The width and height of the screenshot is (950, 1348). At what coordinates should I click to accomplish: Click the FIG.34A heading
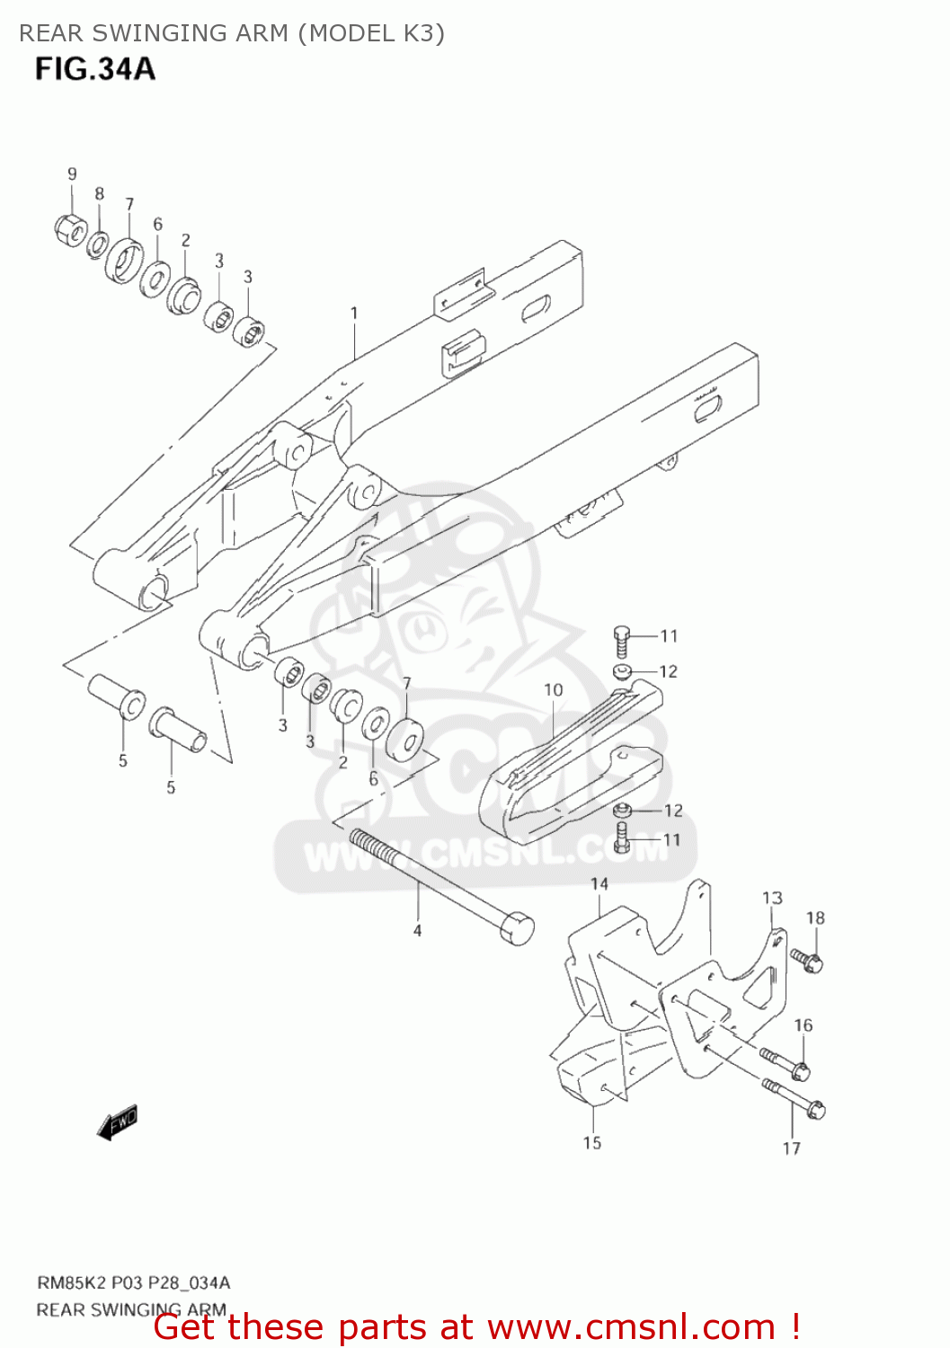(x=94, y=69)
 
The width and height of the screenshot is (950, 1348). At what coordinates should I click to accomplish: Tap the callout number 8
(x=99, y=194)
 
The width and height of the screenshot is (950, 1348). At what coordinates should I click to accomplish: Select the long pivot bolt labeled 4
(x=440, y=885)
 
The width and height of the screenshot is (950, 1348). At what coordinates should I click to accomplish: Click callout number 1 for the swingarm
(x=354, y=313)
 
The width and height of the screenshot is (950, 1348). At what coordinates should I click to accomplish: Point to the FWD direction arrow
(x=118, y=1122)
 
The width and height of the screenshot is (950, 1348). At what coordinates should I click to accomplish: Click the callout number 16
(x=803, y=1025)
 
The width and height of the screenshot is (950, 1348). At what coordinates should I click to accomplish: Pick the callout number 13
(x=772, y=898)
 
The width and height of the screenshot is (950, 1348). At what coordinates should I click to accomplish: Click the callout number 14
(x=599, y=884)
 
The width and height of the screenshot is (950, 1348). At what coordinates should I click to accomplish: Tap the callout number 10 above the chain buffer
(x=553, y=689)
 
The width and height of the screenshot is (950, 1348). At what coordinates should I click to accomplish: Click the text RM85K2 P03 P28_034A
(x=133, y=1282)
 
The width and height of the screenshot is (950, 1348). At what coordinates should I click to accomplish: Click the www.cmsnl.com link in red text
(x=631, y=1326)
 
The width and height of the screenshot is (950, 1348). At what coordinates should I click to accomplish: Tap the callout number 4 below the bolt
(x=417, y=931)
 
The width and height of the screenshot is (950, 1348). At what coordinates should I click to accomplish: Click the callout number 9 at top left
(x=72, y=173)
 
